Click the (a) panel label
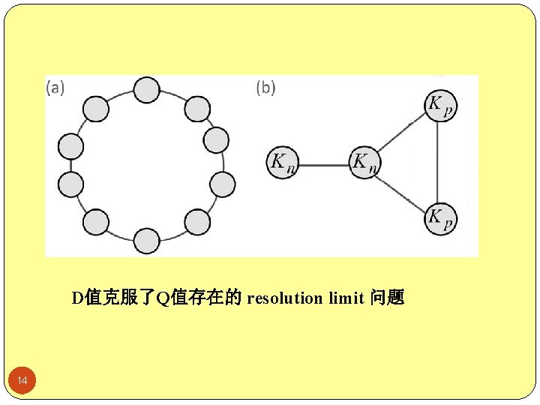(x=55, y=88)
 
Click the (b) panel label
(x=265, y=88)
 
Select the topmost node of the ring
(x=147, y=90)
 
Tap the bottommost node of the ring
(x=147, y=241)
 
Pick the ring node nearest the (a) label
(x=96, y=109)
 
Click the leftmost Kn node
(x=281, y=161)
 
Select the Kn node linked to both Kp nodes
(x=364, y=161)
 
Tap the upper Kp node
(x=440, y=106)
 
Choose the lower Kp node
(x=440, y=218)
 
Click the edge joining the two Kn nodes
(x=322, y=162)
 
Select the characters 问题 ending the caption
(x=387, y=298)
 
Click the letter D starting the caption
(x=76, y=298)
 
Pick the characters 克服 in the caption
(x=121, y=298)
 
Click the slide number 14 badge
(x=22, y=382)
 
